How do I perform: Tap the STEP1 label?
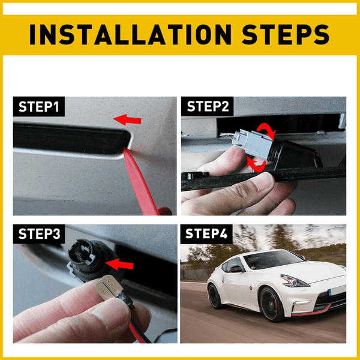click(39, 107)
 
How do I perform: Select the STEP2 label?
click(208, 107)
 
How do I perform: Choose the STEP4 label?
click(207, 234)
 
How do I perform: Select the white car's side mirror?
click(235, 269)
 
